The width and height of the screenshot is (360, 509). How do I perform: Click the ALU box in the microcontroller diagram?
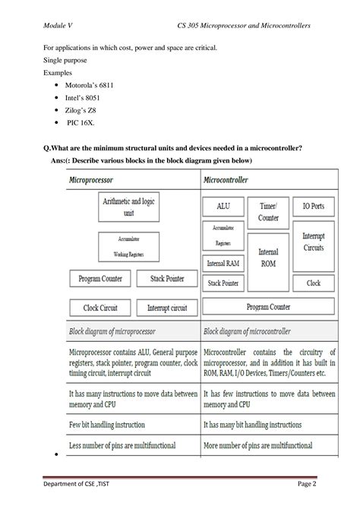click(x=223, y=206)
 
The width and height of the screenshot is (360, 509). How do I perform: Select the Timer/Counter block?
click(x=267, y=211)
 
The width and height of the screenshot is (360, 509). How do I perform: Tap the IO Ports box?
click(x=313, y=206)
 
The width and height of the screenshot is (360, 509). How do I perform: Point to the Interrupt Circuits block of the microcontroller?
click(x=313, y=242)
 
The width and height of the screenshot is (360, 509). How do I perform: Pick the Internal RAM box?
click(x=223, y=264)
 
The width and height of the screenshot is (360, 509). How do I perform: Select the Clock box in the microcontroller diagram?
click(x=313, y=282)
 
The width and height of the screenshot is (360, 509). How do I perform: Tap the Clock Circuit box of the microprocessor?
click(x=100, y=308)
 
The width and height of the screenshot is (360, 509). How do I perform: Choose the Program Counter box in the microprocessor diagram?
click(x=100, y=279)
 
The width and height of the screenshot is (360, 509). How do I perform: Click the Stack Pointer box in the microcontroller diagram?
click(x=223, y=283)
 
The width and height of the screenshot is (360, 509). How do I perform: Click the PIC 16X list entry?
click(x=81, y=124)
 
